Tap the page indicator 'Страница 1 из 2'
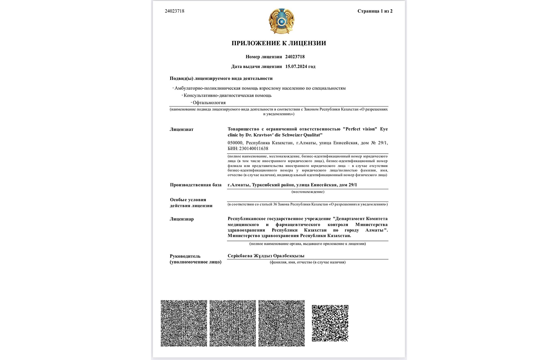[x=375, y=11]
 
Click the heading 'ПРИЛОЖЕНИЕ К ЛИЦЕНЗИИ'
[x=279, y=43]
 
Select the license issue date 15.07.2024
[x=300, y=66]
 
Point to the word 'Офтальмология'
[x=209, y=103]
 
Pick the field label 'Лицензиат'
[x=182, y=129]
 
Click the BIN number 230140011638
[x=254, y=149]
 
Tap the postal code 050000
[x=235, y=143]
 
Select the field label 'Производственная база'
[x=196, y=185]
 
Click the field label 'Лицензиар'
[x=182, y=219]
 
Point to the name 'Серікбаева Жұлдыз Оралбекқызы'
[x=266, y=256]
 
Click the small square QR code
[x=330, y=323]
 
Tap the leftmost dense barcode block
[x=184, y=323]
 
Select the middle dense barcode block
[x=232, y=323]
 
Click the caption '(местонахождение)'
[x=308, y=192]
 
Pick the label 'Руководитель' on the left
[x=185, y=256]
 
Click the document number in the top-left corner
[x=175, y=11]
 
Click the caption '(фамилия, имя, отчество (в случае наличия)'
[x=308, y=262]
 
